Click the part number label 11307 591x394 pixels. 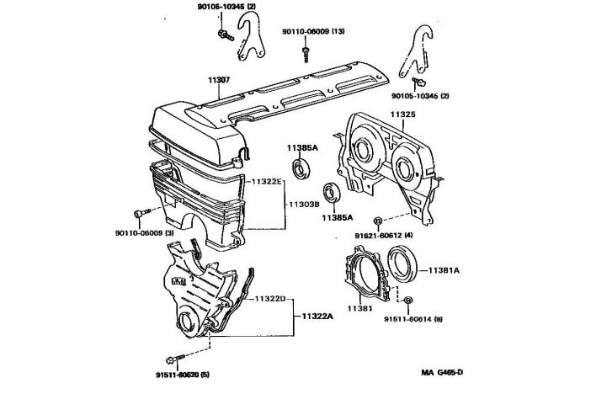click(x=219, y=81)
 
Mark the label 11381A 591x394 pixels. click(x=443, y=270)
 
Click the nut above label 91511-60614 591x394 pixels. click(x=407, y=301)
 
